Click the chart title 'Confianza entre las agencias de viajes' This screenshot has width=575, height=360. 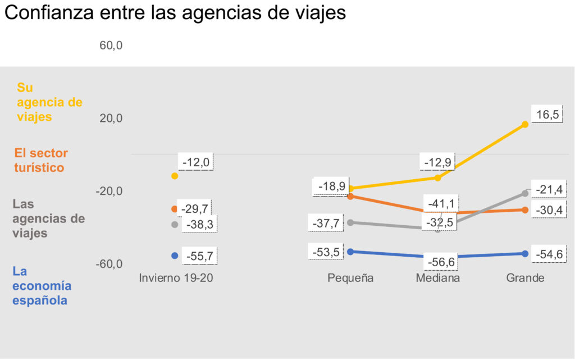(x=175, y=13)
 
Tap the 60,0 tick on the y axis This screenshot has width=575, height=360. (x=111, y=45)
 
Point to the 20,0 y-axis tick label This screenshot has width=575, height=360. (x=111, y=119)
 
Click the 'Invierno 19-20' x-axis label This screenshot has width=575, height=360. (x=176, y=278)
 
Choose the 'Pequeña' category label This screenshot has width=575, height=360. (x=351, y=278)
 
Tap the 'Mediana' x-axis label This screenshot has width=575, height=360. (x=438, y=278)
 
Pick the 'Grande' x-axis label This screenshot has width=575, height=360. (x=525, y=278)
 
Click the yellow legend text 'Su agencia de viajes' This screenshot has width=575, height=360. (x=49, y=102)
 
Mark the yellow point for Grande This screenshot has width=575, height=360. (x=525, y=124)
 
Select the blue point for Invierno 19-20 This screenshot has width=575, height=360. (x=175, y=256)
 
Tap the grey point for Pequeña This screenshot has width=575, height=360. (x=351, y=223)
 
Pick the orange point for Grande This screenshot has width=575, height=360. (x=525, y=210)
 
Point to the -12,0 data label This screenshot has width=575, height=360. (x=196, y=162)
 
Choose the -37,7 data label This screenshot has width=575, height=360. (x=326, y=223)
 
